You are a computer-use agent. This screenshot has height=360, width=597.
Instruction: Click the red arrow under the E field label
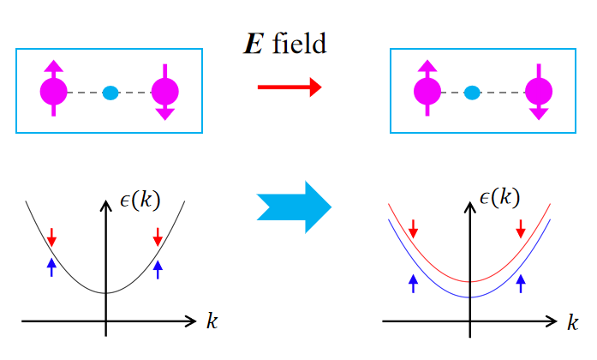(290, 86)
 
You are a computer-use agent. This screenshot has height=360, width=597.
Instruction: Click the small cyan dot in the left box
(110, 92)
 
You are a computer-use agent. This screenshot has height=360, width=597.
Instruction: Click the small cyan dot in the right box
(470, 92)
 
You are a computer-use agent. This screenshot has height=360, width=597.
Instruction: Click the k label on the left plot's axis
(211, 321)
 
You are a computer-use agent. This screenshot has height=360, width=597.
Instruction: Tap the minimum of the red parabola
(469, 281)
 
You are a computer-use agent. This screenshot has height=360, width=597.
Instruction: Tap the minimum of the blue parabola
(469, 297)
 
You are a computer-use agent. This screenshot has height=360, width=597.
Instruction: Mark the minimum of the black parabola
(105, 292)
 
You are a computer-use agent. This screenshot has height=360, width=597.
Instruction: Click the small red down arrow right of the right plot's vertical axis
(522, 228)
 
